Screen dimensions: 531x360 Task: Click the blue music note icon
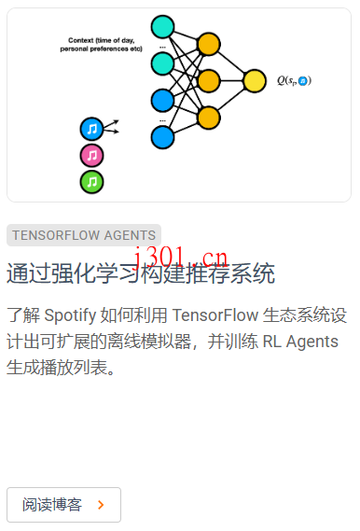91,129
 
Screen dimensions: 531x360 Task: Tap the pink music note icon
91,155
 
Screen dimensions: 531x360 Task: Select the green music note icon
91,181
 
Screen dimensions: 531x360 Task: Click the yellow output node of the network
254,80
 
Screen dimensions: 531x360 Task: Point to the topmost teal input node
162,26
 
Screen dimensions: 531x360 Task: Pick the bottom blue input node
162,137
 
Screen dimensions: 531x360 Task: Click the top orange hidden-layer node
209,44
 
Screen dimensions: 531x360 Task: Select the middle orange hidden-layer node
209,80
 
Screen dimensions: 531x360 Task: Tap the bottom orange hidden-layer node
209,117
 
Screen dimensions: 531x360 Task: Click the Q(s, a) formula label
294,81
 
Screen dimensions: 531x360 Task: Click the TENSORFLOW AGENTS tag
84,235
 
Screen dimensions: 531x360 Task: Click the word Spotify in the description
71,314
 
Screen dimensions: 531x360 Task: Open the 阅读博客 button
63,505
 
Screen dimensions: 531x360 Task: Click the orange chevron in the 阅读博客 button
101,505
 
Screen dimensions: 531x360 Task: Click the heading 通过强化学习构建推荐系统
141,274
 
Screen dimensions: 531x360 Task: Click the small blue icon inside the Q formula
303,82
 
